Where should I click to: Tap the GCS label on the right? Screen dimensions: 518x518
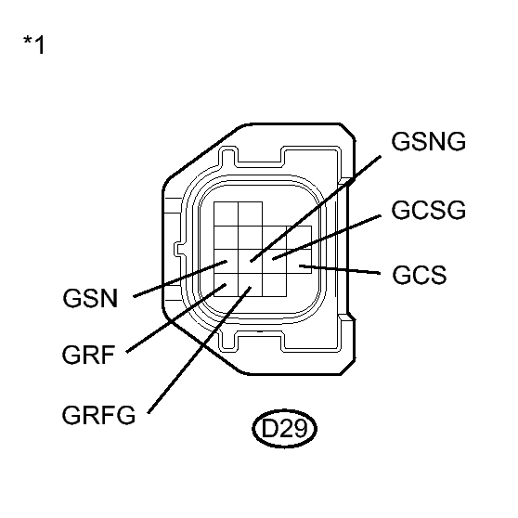coord(420,275)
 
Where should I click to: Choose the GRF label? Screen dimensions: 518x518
coord(89,356)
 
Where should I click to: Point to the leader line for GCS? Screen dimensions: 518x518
coord(343,270)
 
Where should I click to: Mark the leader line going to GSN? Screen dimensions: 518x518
coord(176,282)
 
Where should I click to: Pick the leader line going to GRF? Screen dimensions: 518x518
coord(172,321)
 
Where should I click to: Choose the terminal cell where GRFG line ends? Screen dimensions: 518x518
coord(249,289)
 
